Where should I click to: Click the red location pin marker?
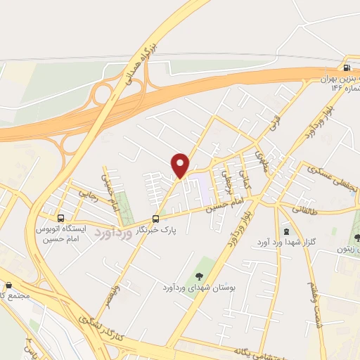click(181, 165)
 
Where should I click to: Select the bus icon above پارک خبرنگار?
click(156, 219)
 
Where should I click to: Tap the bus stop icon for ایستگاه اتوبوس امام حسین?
click(61, 218)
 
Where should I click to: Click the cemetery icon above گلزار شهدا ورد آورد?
click(286, 231)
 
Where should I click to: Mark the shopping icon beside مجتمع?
click(8, 285)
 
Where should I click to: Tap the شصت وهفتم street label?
click(318, 299)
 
